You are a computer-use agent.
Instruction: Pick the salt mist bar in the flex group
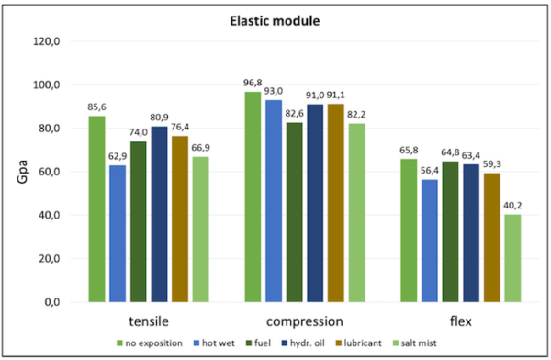point(512,258)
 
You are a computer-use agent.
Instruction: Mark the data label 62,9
point(118,156)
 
